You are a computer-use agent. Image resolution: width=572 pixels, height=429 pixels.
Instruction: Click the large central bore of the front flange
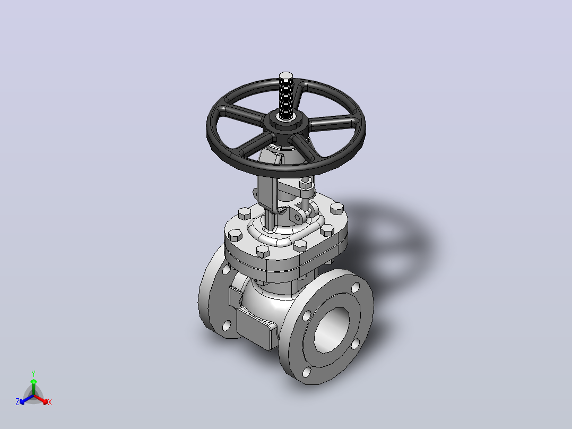[x=331, y=330]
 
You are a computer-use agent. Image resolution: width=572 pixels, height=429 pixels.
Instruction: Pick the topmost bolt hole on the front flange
[x=356, y=288]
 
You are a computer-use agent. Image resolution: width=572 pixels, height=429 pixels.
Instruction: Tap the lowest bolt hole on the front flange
[x=307, y=372]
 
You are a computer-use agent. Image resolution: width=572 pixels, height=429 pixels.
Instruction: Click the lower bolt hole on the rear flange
[x=227, y=325]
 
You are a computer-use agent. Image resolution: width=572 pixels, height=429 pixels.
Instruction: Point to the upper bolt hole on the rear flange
[x=226, y=270]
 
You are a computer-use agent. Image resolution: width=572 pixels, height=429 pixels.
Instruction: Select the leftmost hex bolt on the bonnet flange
[x=233, y=236]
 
